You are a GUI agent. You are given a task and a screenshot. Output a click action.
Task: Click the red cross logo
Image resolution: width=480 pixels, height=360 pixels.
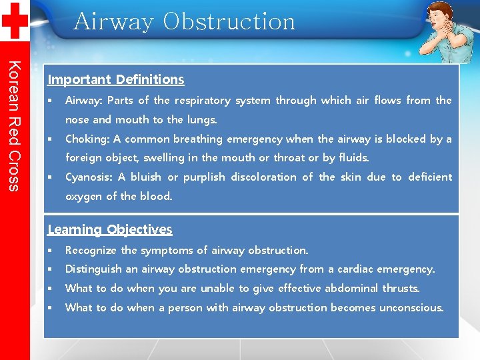click(14, 20)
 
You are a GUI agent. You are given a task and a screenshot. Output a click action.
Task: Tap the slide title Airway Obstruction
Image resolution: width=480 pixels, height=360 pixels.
click(184, 21)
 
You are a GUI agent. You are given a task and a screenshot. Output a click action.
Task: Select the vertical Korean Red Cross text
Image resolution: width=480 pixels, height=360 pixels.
click(15, 125)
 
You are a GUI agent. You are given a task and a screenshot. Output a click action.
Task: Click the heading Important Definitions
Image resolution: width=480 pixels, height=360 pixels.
click(115, 79)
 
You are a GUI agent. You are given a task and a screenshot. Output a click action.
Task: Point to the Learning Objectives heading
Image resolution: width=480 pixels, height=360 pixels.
click(109, 229)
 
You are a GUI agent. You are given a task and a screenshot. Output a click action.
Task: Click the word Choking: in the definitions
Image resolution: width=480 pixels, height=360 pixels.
click(87, 139)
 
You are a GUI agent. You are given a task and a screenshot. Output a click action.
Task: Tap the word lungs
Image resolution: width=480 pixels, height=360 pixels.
click(201, 120)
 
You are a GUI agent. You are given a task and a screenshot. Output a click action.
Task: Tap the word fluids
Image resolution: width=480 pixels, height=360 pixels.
click(353, 158)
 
